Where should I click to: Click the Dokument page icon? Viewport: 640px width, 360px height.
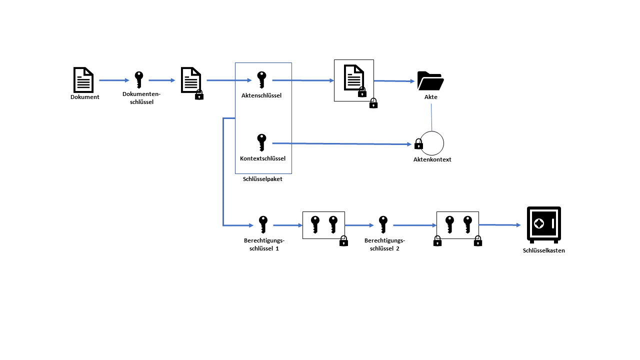(83, 79)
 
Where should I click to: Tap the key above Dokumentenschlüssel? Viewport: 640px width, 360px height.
(138, 79)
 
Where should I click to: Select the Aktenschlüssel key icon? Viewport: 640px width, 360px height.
(261, 79)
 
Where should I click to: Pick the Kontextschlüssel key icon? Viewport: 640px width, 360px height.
(261, 142)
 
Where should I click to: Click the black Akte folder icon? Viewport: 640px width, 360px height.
(430, 81)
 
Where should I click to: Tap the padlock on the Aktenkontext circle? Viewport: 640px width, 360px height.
(419, 144)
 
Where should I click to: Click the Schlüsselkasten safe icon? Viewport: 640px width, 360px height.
(543, 224)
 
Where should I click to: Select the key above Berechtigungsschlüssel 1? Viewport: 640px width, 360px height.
(263, 224)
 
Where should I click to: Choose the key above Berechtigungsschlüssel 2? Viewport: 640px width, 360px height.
(383, 224)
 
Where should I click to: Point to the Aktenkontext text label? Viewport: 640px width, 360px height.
(432, 159)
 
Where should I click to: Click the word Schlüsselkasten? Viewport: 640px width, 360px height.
(543, 250)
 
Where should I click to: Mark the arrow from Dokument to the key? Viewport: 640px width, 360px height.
(114, 80)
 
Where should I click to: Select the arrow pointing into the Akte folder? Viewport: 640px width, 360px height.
(395, 80)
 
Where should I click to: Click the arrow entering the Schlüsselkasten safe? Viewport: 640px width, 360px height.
(500, 225)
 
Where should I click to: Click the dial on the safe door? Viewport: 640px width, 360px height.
(539, 223)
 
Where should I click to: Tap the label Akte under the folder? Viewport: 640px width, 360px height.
(430, 97)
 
